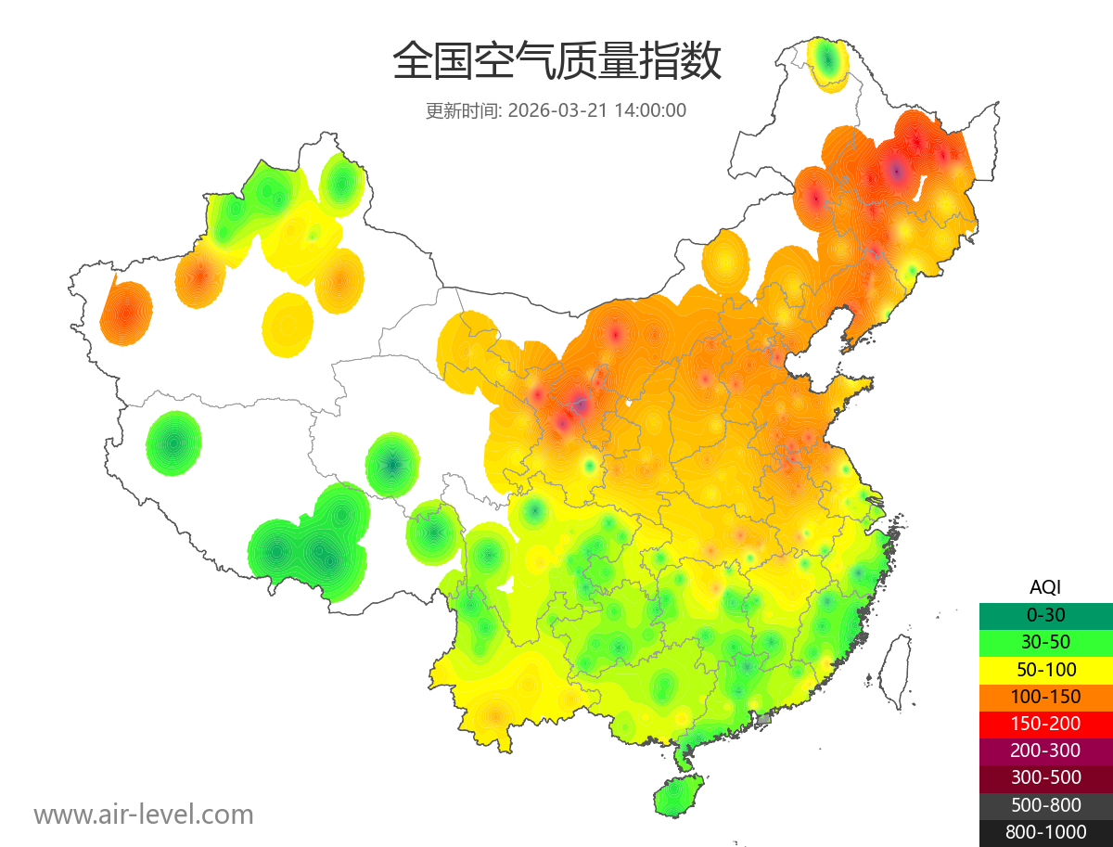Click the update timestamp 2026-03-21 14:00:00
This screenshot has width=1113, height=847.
[x=597, y=110]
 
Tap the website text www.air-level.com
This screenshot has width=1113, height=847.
[x=144, y=815]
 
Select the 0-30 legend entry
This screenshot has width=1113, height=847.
[x=1045, y=615]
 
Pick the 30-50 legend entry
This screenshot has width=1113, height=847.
[x=1045, y=642]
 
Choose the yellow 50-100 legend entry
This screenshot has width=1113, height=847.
[x=1045, y=669]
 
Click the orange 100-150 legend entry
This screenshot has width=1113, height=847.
[x=1045, y=697]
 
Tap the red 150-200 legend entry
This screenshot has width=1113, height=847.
[x=1045, y=724]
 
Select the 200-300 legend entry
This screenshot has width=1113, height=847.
[x=1045, y=751]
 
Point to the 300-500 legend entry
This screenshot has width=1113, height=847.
[x=1045, y=777]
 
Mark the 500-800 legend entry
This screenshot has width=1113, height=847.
[x=1045, y=805]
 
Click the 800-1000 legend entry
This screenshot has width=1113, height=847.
[x=1045, y=832]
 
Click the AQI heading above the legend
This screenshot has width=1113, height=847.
[x=1045, y=587]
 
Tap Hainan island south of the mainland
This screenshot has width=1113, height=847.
[x=678, y=797]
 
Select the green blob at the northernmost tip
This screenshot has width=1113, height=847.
[x=828, y=62]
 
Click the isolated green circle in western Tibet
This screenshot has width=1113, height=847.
[x=173, y=443]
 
